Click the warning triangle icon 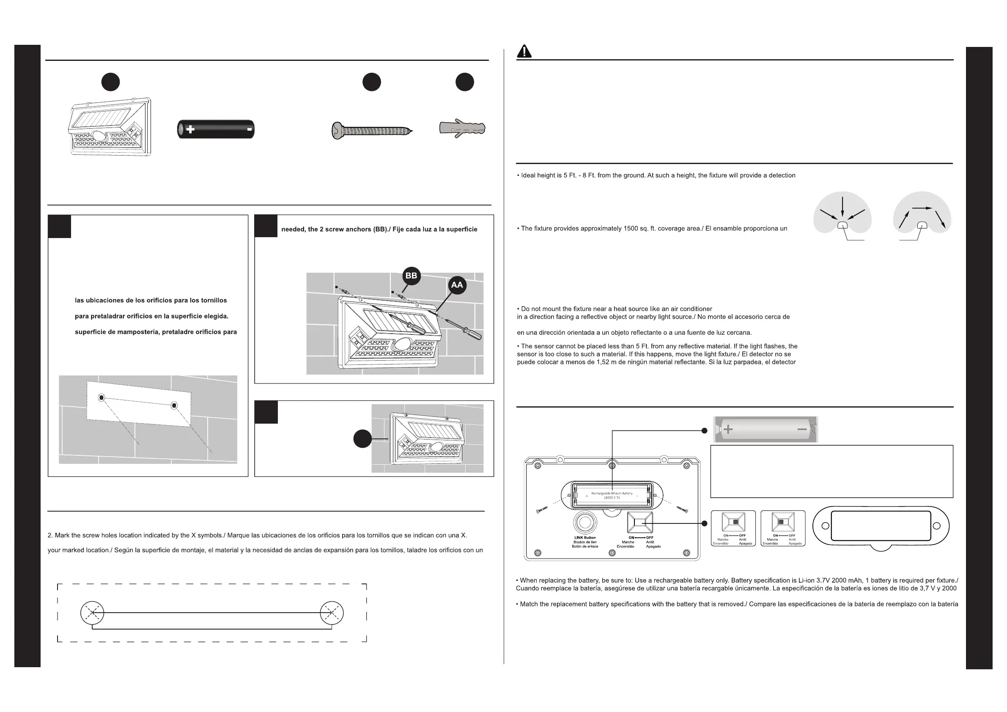(524, 52)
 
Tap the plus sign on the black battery (190, 129)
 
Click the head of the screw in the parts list (336, 131)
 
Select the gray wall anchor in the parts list (462, 128)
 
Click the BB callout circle (412, 276)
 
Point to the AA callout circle (457, 285)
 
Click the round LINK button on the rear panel (585, 523)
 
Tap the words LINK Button (585, 537)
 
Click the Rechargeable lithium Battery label (612, 493)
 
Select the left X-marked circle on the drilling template (92, 613)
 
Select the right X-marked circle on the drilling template (332, 613)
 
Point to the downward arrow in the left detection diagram (842, 206)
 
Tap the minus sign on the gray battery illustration (802, 429)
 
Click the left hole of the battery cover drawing (825, 526)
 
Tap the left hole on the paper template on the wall (102, 398)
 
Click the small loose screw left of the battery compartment (542, 510)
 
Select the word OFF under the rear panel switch (650, 537)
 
